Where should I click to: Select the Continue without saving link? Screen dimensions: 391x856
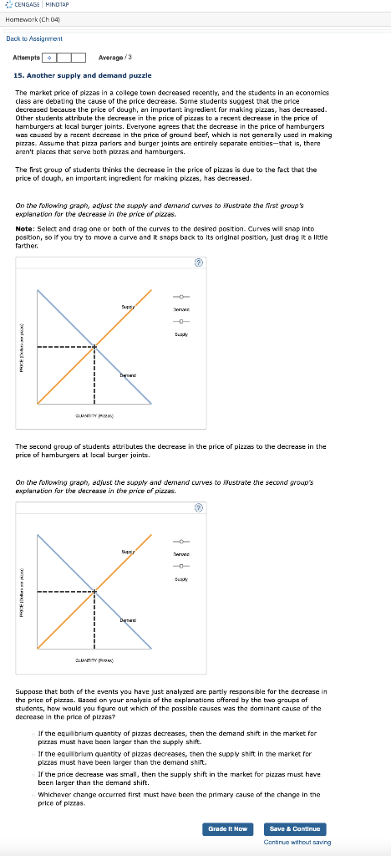[297, 842]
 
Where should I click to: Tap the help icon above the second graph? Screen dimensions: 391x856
[198, 507]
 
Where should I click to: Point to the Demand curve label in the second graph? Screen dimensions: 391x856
[128, 619]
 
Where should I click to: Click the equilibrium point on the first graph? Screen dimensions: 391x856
[94, 347]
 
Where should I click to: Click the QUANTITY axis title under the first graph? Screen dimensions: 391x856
[94, 415]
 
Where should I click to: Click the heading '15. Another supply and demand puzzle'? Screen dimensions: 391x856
[82, 76]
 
